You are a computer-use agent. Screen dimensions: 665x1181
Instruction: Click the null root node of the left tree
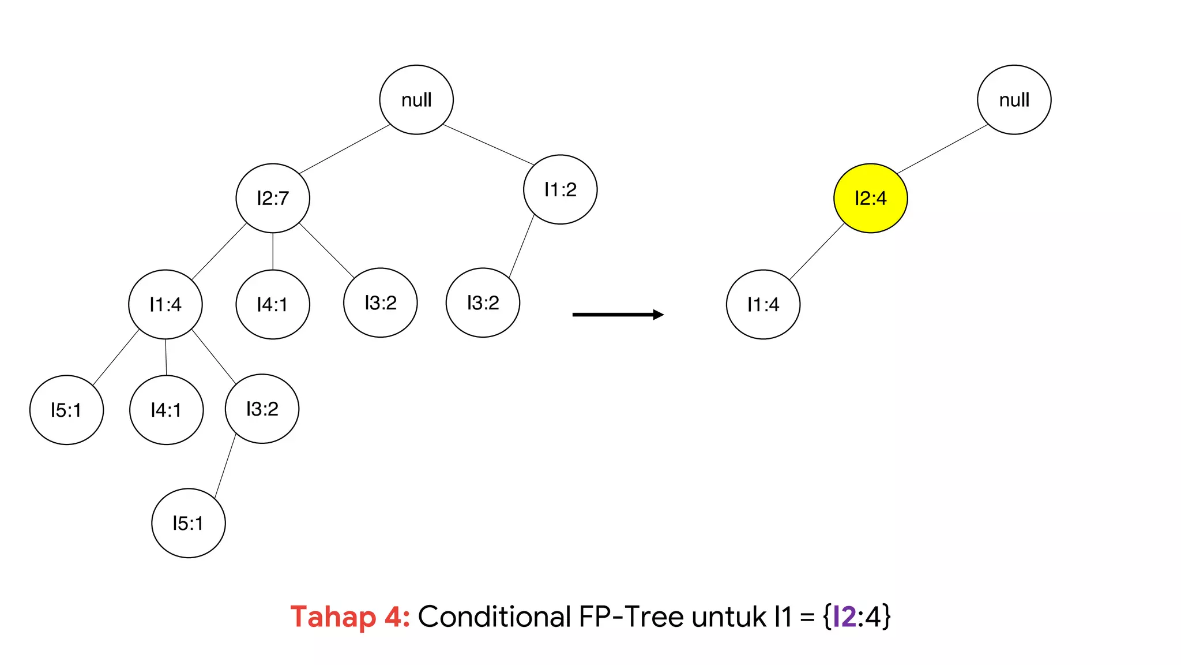click(x=416, y=100)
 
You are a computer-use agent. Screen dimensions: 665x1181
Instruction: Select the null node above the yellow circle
click(x=1014, y=100)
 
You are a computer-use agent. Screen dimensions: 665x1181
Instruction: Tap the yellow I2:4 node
click(x=870, y=198)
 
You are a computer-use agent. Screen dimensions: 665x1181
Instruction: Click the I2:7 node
click(x=273, y=198)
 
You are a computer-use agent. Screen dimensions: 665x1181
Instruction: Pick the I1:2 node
click(x=560, y=189)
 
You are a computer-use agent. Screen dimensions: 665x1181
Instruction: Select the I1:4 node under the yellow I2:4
click(x=763, y=304)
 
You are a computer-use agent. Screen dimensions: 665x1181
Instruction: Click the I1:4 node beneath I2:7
click(x=166, y=304)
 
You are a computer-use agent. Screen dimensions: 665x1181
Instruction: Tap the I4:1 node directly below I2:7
click(x=273, y=304)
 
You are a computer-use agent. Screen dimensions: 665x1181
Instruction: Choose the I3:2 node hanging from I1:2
click(x=483, y=302)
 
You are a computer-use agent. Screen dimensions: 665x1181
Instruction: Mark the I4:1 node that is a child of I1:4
click(x=166, y=410)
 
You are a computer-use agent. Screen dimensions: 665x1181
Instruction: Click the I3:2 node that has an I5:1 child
click(x=262, y=409)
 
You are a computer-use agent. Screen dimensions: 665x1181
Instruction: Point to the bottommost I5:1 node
click(x=188, y=523)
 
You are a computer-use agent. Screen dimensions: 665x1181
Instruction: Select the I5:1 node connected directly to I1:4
click(x=66, y=410)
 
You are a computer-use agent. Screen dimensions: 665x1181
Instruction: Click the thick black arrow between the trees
click(x=618, y=315)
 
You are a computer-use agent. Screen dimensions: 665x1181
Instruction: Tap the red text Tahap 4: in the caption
click(x=350, y=617)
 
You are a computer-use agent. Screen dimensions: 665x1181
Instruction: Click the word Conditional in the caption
click(x=494, y=617)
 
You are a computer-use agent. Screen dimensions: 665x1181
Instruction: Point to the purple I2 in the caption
click(x=845, y=617)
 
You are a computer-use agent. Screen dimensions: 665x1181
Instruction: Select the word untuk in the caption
click(x=729, y=617)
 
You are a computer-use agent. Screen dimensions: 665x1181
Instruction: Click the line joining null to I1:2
click(x=488, y=144)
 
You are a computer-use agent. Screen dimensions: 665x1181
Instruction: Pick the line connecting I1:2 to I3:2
click(x=521, y=246)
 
